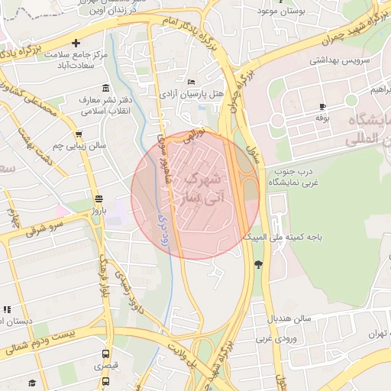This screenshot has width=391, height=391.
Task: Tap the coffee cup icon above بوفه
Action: click(323, 106)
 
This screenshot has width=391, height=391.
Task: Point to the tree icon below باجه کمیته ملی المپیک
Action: click(258, 264)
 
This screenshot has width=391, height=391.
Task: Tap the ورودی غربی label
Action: click(276, 337)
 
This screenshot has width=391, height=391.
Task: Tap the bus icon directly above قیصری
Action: click(105, 354)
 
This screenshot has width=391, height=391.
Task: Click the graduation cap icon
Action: click(32, 383)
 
